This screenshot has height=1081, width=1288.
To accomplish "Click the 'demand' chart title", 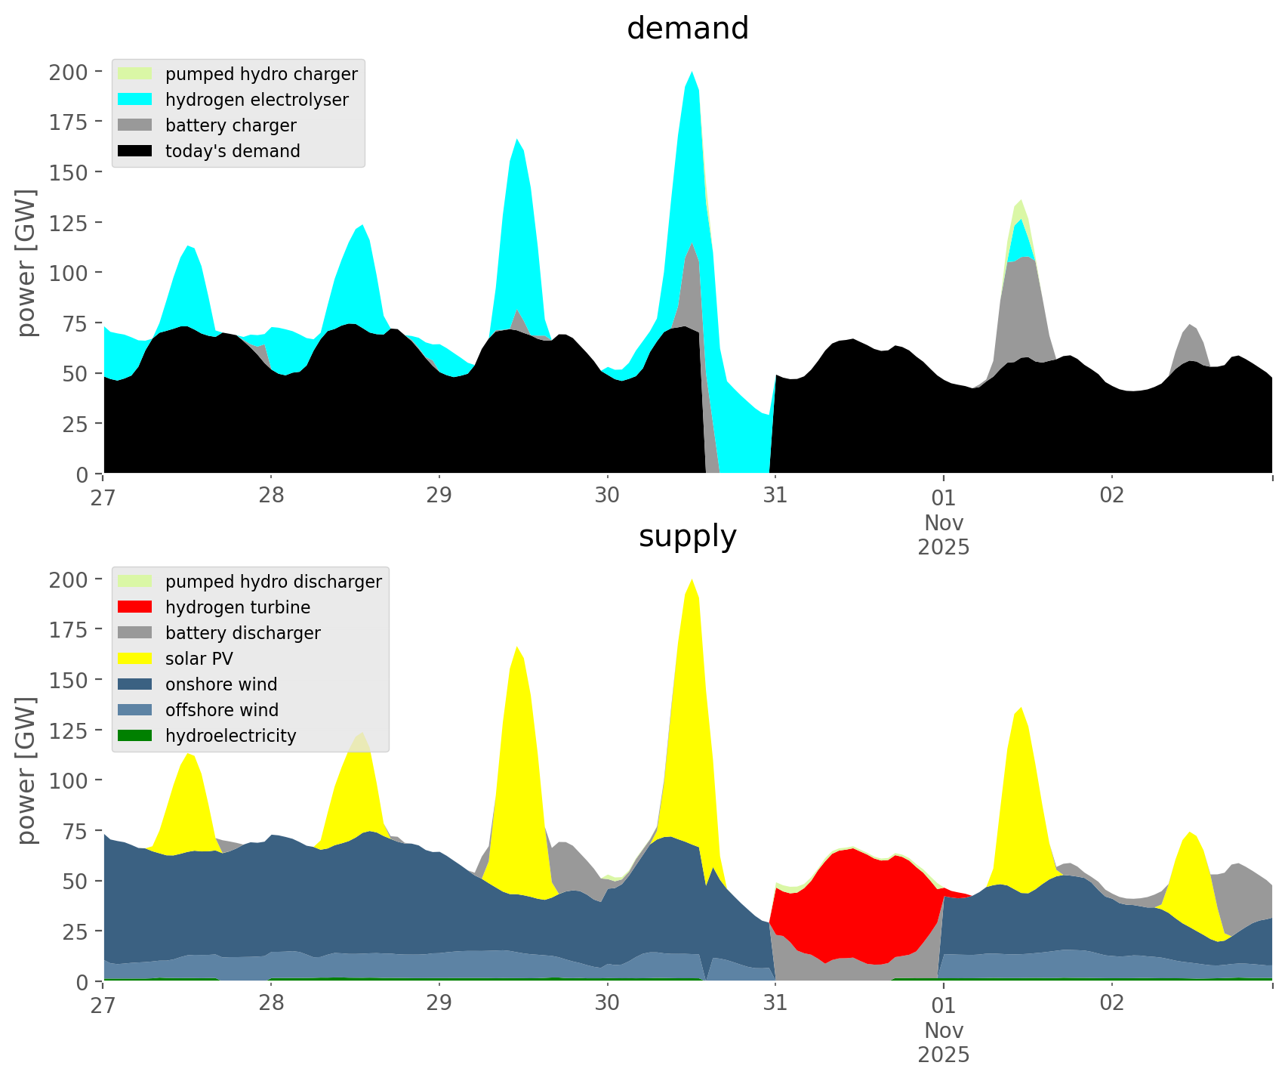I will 687,29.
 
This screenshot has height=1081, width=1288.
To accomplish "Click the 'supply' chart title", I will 687,536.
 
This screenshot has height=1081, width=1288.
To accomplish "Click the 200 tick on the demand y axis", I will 69,73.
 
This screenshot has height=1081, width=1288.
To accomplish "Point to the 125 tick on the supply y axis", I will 69,730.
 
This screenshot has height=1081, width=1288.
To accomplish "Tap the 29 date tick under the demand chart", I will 439,496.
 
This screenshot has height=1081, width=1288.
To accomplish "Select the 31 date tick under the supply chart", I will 775,1003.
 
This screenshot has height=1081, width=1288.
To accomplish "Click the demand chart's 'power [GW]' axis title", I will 26,263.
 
